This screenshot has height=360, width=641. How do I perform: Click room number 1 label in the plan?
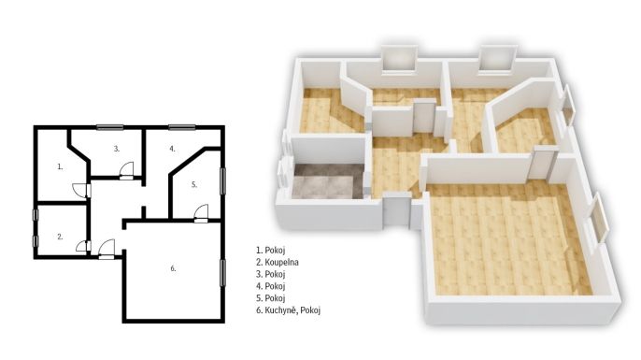click(x=60, y=166)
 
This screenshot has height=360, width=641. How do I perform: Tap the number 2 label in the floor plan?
click(x=60, y=237)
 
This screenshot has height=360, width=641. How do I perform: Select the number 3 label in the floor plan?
click(x=117, y=149)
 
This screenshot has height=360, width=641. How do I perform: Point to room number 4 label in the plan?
click(x=173, y=149)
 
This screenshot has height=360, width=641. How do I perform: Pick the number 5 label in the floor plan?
click(x=194, y=184)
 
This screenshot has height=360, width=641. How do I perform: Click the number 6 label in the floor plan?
click(x=174, y=268)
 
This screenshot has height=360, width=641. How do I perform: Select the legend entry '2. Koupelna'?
click(x=278, y=262)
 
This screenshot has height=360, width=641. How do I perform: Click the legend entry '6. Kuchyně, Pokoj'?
click(x=288, y=310)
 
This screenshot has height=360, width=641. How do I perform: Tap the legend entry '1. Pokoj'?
click(x=271, y=250)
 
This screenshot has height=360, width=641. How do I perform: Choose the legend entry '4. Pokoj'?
click(x=271, y=286)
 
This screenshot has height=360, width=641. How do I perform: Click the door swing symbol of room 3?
click(x=127, y=170)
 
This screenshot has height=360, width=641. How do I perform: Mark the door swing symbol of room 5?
click(x=201, y=213)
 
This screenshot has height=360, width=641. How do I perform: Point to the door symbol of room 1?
click(x=81, y=191)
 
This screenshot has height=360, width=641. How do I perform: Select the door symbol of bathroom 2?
click(x=83, y=246)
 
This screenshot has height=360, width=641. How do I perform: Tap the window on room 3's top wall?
click(x=110, y=127)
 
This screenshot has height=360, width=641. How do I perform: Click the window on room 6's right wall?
click(x=222, y=273)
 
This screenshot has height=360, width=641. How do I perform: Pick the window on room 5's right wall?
click(x=222, y=181)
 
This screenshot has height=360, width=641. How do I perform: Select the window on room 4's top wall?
click(x=182, y=127)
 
